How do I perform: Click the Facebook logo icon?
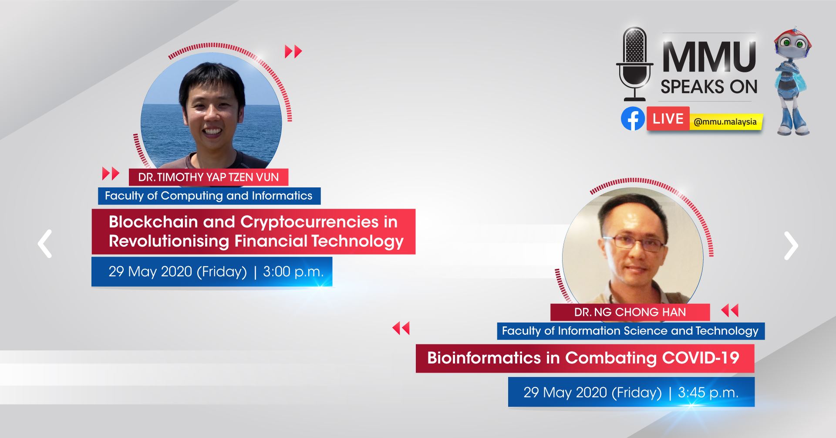coord(633,119)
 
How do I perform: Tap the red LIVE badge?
coord(668,119)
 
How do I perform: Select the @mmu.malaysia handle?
coord(725,122)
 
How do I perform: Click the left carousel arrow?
coord(45,244)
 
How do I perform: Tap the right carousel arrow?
coord(791,246)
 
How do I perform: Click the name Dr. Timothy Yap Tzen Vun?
coord(208,177)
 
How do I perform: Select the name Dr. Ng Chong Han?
coord(630,312)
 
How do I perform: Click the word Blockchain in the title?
coord(153,222)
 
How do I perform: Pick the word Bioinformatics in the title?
coord(484,358)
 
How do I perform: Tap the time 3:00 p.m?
coord(293,272)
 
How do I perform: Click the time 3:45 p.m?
coord(708,393)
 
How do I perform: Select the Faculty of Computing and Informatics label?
coord(209,196)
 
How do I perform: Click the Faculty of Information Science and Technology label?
coord(630,331)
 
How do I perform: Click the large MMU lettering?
coord(709,57)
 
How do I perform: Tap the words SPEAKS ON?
coord(709,87)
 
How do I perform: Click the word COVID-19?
coord(701,358)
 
